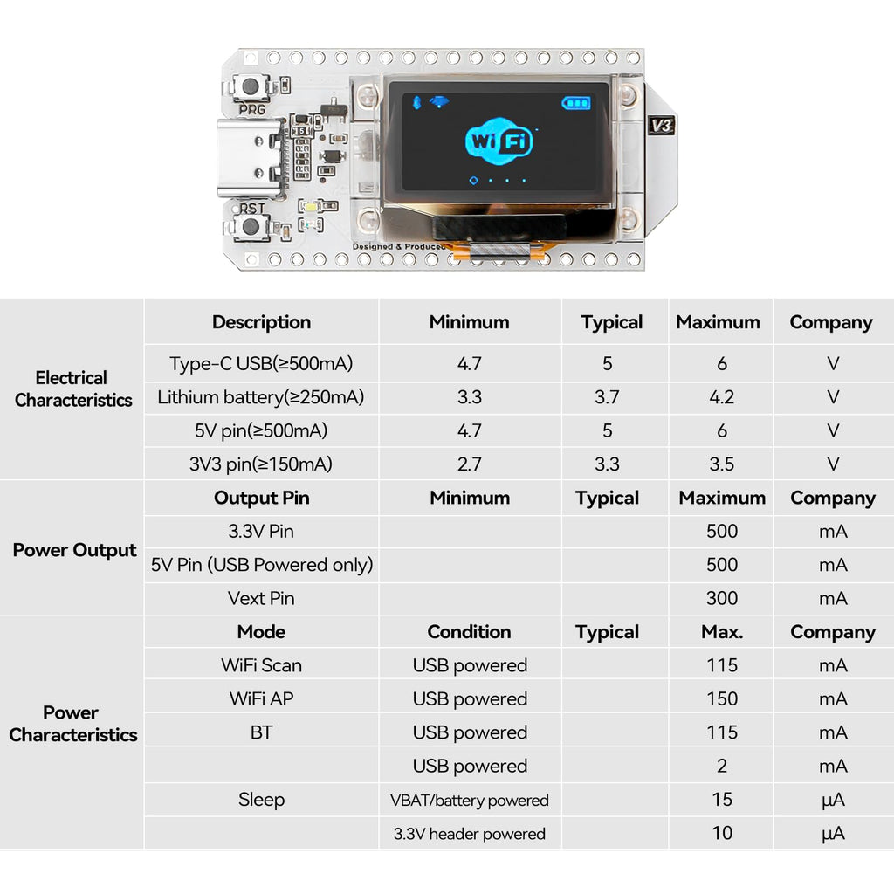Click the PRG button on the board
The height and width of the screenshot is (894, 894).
251,86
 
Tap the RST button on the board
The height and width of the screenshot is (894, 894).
251,226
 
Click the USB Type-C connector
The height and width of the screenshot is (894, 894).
250,157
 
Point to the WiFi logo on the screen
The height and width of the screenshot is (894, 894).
499,141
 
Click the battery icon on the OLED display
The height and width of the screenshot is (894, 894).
576,103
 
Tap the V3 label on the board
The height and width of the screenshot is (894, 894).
662,126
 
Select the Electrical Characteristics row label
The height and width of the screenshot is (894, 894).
73,389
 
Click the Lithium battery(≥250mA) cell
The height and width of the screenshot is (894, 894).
261,397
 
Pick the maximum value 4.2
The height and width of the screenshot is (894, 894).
721,397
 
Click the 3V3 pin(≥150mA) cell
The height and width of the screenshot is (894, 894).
261,464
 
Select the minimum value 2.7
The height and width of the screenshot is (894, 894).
469,464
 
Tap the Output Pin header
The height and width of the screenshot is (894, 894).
262,498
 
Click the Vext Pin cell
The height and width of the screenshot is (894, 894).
261,598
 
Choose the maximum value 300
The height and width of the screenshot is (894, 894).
722,598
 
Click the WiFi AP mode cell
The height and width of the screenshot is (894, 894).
261,699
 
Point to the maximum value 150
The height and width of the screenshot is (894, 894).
722,699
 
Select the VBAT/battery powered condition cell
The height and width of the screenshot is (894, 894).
469,801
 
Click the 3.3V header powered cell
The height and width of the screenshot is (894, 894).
469,834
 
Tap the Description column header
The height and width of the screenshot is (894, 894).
262,322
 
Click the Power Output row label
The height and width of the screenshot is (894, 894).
74,550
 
